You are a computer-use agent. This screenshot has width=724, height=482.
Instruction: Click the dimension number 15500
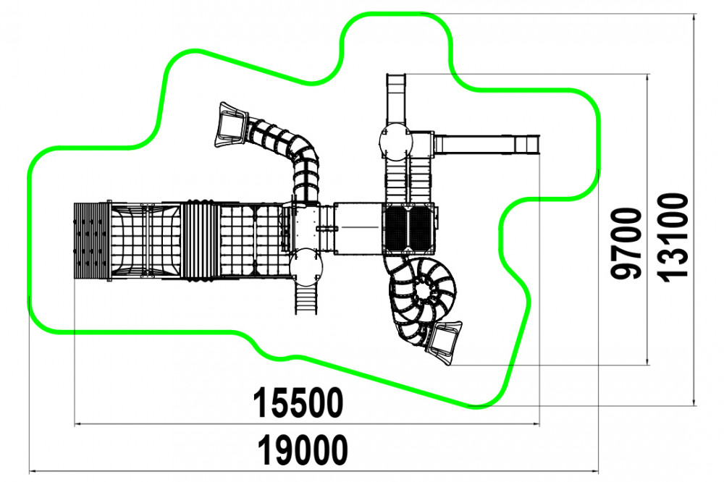pyautogui.click(x=298, y=402)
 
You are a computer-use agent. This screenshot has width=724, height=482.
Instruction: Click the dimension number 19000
pyautogui.click(x=303, y=450)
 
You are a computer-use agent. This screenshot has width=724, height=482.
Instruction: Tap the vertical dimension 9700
pyautogui.click(x=626, y=243)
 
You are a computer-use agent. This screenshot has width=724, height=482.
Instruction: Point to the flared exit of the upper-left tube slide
pyautogui.click(x=230, y=124)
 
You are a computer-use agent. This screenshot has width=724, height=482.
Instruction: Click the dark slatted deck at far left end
pyautogui.click(x=91, y=240)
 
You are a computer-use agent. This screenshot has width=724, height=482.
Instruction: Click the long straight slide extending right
pyautogui.click(x=487, y=144)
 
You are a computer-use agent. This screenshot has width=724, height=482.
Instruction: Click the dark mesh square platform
pyautogui.click(x=408, y=229)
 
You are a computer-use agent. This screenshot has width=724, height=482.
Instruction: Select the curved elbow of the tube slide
pyautogui.click(x=305, y=153)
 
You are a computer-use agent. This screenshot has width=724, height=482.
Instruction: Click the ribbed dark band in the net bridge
pyautogui.click(x=201, y=240)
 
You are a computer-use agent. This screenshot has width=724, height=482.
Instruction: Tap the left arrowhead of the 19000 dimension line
pyautogui.click(x=32, y=472)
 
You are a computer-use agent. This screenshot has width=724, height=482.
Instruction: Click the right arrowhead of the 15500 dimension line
pyautogui.click(x=536, y=423)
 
